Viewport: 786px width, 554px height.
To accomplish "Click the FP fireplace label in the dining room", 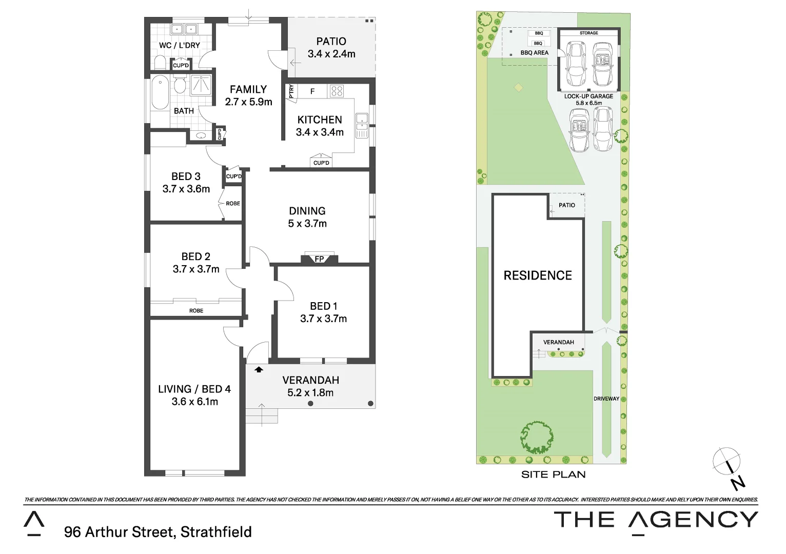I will pos(319,259).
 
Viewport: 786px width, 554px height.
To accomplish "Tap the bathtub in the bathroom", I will pos(159,92).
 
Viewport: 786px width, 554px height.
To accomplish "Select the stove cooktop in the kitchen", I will pos(337,91).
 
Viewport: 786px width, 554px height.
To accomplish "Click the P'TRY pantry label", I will pos(292,91).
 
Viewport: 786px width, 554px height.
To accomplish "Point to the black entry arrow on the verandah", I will pos(259,369).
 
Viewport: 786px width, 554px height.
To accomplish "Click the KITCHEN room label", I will pos(320,120).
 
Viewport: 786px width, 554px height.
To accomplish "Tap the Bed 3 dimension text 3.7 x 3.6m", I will pos(186,189).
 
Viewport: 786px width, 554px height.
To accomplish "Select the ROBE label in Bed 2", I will pos(196,310).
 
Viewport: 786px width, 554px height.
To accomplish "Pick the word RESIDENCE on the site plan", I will pos(537,275).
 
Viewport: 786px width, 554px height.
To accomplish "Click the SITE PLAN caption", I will pos(553,474).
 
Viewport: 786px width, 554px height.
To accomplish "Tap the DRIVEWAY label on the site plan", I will pos(606,399).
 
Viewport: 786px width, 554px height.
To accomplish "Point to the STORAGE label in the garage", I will pos(588,33).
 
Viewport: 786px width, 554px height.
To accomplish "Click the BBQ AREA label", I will pos(534,53).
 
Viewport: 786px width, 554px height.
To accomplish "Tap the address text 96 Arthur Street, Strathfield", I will pos(158,532).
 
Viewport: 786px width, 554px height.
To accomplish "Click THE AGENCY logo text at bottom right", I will pos(656,520).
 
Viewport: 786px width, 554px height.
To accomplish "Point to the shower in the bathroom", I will pos(201,85).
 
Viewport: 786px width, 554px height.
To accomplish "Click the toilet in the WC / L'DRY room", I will pos(160,63).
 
